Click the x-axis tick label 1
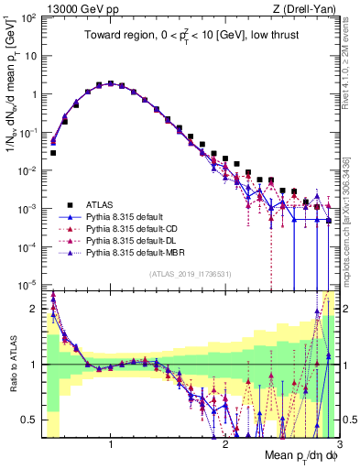pos(111,444)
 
